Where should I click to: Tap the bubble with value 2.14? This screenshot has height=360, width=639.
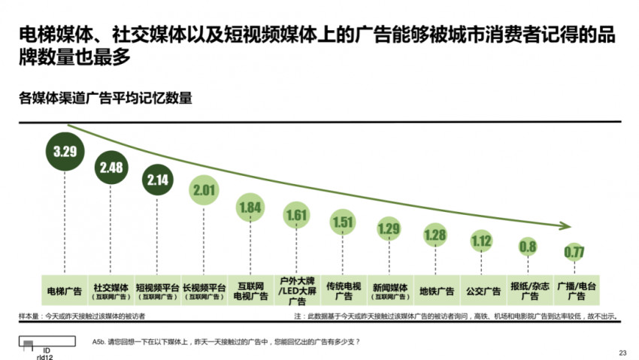coord(158,180)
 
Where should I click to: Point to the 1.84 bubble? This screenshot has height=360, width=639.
coord(250,207)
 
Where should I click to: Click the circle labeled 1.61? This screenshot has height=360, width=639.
coord(297,216)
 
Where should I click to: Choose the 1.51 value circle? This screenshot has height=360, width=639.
coord(343,222)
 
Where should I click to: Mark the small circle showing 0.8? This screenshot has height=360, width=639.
coord(528,247)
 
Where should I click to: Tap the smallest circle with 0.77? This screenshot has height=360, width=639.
coord(574,252)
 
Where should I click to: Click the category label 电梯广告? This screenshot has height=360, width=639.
coord(65,291)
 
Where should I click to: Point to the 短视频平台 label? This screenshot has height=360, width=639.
coord(158,287)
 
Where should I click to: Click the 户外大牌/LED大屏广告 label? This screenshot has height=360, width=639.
coord(297,291)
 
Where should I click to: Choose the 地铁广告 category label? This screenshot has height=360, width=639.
coord(436,291)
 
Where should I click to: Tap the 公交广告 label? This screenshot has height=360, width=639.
coord(482,291)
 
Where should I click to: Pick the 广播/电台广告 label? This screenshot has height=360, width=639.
coord(574,291)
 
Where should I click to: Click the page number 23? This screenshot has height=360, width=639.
coord(622,352)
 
